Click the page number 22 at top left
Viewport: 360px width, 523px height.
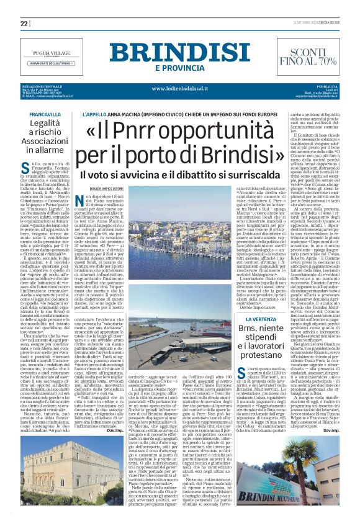(x=25, y=23)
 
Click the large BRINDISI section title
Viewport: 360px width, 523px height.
(x=180, y=52)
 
